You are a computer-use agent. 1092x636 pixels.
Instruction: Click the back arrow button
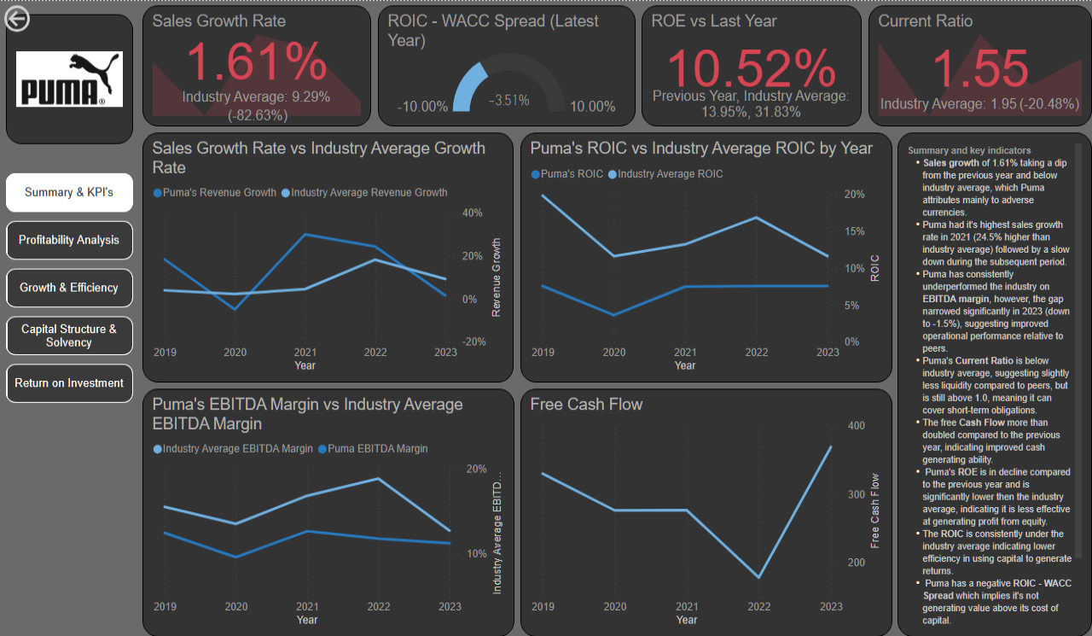click(x=17, y=19)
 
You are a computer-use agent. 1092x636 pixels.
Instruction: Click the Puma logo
click(x=70, y=79)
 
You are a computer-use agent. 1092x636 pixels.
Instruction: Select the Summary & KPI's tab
click(x=69, y=192)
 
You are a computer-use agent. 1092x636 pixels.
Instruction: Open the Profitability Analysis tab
click(x=69, y=240)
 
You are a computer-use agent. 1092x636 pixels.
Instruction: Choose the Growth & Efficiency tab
click(x=69, y=288)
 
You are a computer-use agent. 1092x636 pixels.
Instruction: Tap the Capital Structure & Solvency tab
click(x=69, y=336)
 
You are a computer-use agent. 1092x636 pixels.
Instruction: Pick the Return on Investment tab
click(x=69, y=383)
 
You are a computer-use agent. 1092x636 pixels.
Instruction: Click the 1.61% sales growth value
click(x=256, y=63)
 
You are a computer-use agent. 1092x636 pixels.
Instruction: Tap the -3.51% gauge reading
click(x=508, y=101)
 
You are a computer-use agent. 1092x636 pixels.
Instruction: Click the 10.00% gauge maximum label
click(x=593, y=107)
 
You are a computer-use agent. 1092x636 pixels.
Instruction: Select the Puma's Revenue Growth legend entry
click(x=215, y=193)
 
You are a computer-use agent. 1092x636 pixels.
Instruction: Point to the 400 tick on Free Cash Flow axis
click(x=856, y=426)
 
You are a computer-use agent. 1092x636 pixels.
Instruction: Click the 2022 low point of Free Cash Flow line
click(x=758, y=577)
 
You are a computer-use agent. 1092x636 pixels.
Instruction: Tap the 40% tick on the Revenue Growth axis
click(x=473, y=213)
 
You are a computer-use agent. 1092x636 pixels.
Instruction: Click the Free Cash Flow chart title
click(x=586, y=405)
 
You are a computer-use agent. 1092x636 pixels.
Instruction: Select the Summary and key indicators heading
click(x=969, y=151)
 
